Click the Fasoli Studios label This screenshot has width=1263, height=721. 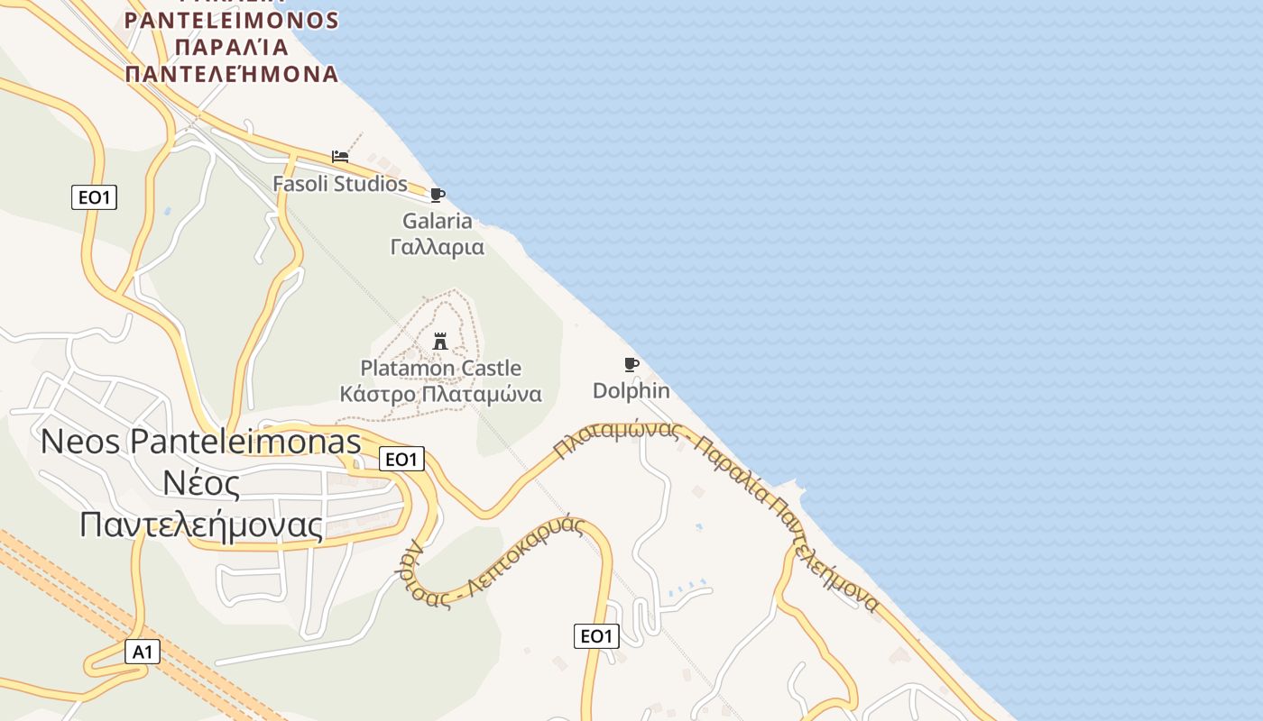point(340,184)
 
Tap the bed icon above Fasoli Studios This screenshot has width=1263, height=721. point(340,156)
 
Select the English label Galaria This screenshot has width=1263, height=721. point(438,221)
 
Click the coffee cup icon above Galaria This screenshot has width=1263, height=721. point(438,195)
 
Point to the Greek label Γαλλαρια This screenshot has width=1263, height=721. point(438,247)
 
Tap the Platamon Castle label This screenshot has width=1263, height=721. point(440,368)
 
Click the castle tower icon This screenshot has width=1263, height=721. point(440,342)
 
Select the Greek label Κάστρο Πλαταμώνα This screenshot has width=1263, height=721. point(440,394)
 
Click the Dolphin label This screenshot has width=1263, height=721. point(631,390)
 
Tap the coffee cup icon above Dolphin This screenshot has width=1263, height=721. point(631,364)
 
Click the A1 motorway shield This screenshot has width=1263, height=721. point(143,652)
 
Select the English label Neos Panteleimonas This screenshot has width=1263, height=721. point(201,442)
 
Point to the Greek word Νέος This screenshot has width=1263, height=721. point(201,484)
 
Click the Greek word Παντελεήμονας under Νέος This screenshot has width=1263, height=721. point(201,525)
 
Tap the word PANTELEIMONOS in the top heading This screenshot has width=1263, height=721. point(232,20)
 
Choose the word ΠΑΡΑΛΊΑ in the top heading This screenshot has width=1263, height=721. point(232,47)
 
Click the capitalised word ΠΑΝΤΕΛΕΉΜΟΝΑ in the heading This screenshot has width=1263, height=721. point(232,74)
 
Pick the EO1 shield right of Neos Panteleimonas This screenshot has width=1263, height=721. point(401,459)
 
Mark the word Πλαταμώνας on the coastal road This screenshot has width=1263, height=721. point(617,436)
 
